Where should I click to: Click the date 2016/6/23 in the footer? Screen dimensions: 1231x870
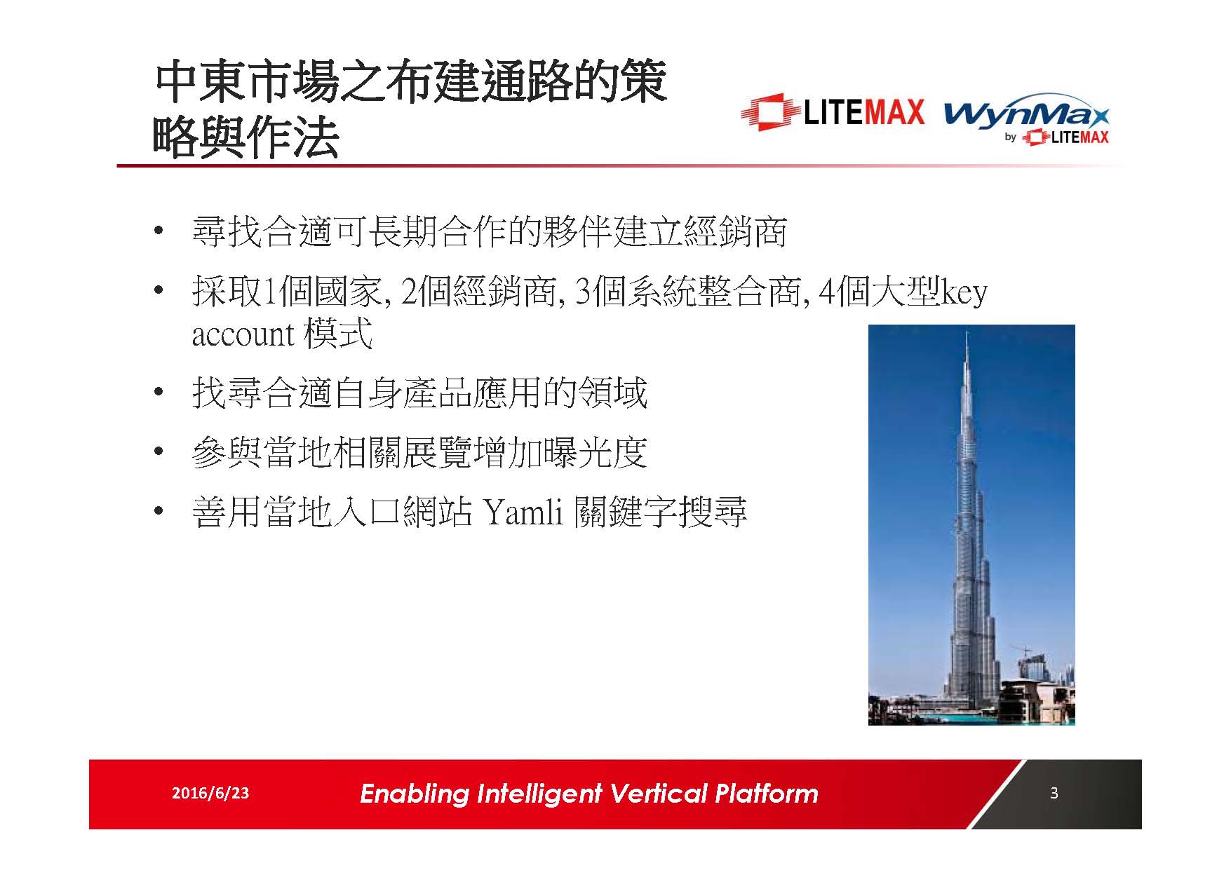210,793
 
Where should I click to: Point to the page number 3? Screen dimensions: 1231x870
1054,793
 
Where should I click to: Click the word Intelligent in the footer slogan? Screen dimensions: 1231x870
539,794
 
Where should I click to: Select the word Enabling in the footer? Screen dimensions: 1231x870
414,794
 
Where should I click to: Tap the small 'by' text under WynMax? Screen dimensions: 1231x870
1010,137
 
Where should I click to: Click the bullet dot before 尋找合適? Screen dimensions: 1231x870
160,232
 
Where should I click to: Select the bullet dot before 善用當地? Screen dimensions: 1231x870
160,512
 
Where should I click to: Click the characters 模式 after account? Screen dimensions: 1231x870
338,334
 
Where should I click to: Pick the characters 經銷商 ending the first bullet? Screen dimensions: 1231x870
735,232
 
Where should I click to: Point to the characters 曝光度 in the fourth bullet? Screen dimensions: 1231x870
595,453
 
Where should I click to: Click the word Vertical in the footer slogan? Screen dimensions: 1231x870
658,794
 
